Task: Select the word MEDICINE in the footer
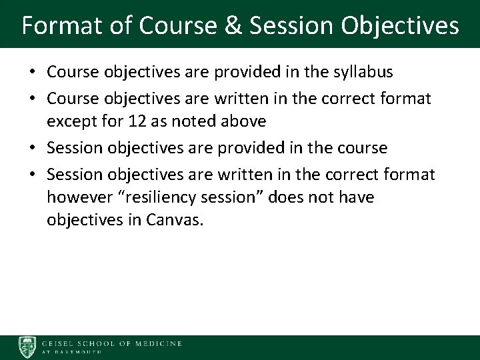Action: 157,343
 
